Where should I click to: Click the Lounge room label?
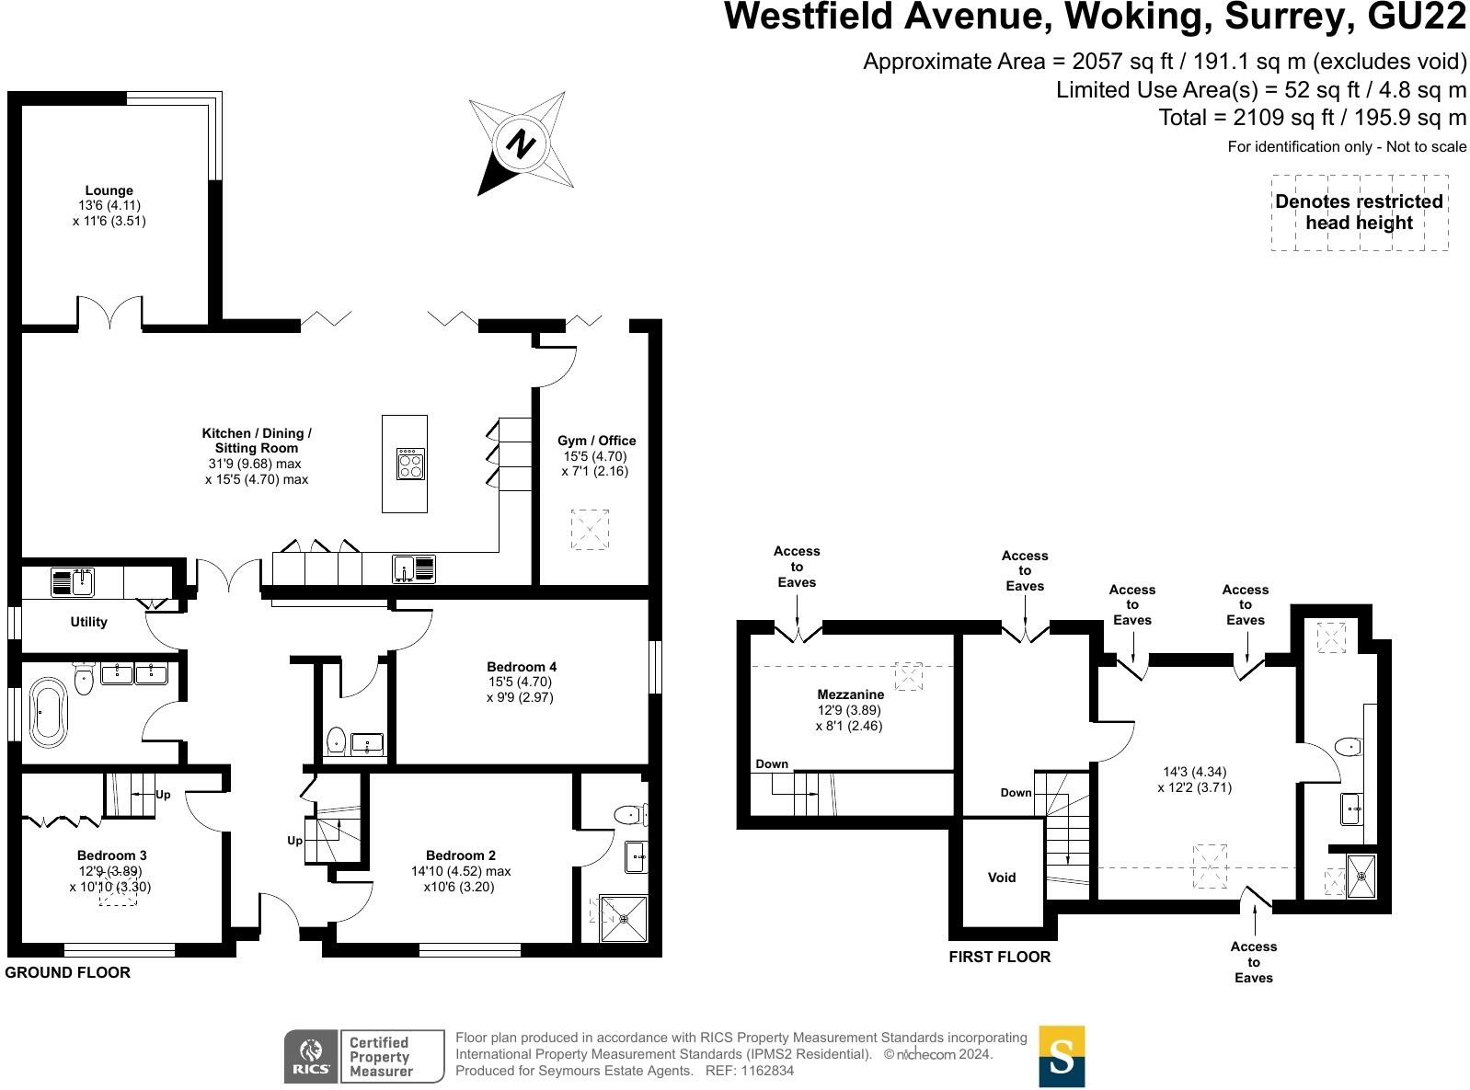(x=109, y=191)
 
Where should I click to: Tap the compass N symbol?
(x=522, y=144)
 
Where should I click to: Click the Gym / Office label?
(x=596, y=441)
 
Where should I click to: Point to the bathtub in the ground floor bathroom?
(x=48, y=711)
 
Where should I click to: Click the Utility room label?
(x=89, y=622)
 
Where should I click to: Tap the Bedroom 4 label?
(x=522, y=667)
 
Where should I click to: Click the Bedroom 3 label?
(x=111, y=855)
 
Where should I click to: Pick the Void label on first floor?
(x=1002, y=878)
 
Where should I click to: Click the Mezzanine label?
(x=850, y=694)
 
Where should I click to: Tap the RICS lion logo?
(x=311, y=1056)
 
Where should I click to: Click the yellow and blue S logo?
(x=1062, y=1056)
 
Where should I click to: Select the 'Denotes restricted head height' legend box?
(x=1359, y=212)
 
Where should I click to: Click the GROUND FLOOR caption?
(x=67, y=972)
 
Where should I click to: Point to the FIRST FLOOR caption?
(x=999, y=957)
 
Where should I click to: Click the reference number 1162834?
(x=763, y=1071)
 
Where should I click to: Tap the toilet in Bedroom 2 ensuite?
(x=629, y=813)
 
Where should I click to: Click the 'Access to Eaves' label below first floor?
(x=1253, y=961)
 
